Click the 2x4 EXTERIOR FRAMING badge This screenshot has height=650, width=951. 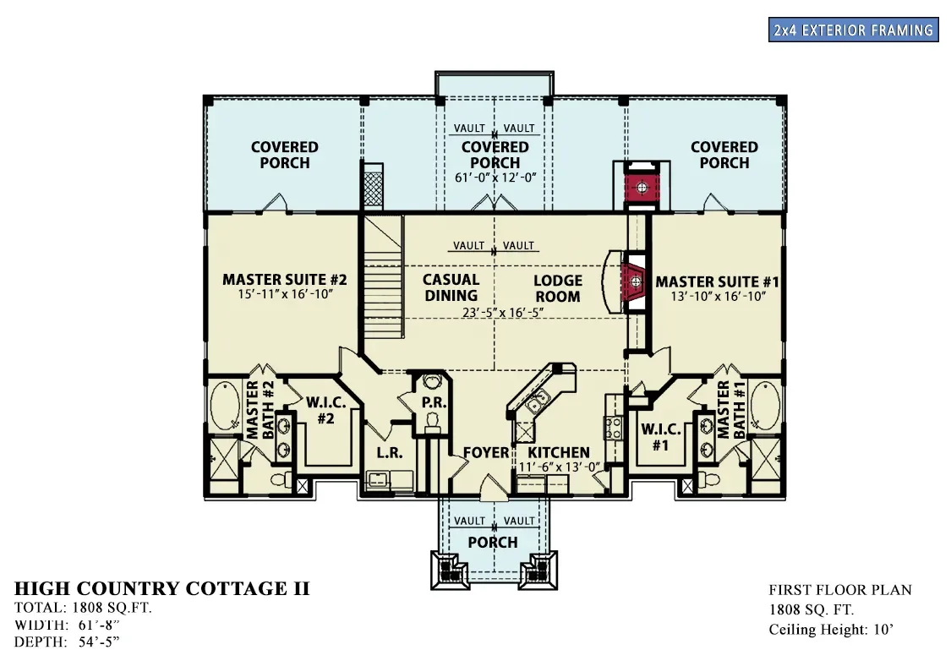(853, 30)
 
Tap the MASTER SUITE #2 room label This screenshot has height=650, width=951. (284, 280)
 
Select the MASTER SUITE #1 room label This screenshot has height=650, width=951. (717, 282)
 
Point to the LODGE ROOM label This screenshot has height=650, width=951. (557, 288)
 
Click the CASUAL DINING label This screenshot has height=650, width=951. (451, 287)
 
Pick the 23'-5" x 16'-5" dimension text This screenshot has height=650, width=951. (502, 312)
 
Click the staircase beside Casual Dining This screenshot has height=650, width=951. (383, 277)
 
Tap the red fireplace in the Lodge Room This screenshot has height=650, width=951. (634, 282)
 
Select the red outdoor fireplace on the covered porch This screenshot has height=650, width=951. (641, 188)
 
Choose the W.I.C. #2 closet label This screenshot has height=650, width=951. (325, 411)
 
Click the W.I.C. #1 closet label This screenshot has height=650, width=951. (660, 436)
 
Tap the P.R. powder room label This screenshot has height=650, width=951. (435, 402)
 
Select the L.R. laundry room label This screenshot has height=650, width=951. (390, 452)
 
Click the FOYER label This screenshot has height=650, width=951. (486, 452)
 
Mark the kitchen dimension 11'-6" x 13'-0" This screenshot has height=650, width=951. (560, 467)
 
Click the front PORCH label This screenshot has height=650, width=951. (493, 542)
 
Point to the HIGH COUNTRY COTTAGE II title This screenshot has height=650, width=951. (162, 588)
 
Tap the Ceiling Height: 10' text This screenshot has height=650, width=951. (831, 630)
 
